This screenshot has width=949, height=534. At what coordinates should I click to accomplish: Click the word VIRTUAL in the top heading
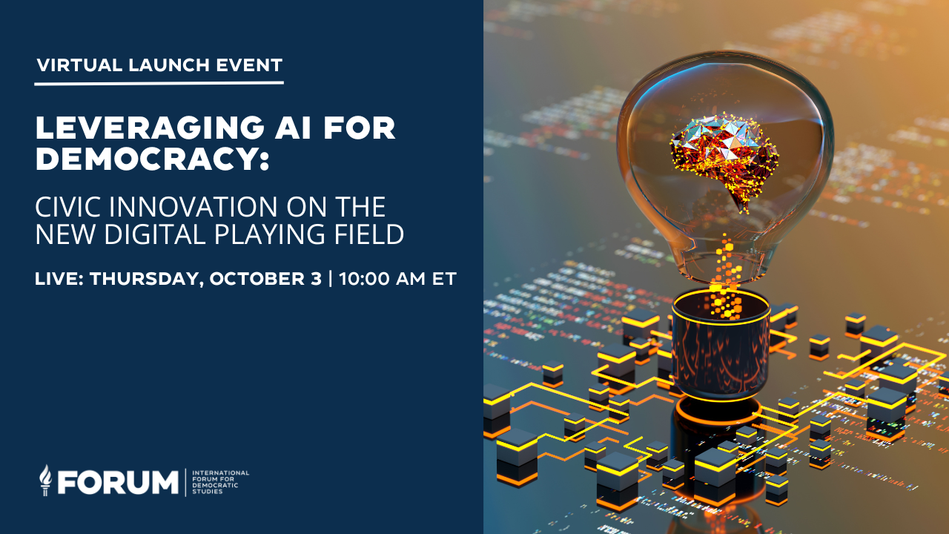79,65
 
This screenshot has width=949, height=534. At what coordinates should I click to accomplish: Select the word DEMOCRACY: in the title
152,159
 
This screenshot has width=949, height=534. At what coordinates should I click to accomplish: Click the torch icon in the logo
46,481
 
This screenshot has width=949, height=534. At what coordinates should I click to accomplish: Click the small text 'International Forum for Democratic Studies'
220,481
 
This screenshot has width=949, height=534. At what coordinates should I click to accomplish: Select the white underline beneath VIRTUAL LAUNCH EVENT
159,82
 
